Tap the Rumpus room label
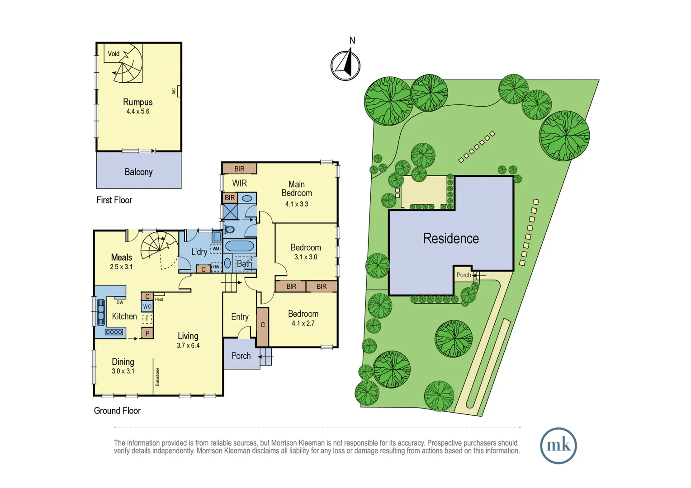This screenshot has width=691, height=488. [137, 102]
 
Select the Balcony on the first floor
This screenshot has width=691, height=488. [138, 172]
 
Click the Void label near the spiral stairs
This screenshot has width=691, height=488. [114, 54]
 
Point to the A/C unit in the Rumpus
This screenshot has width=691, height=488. [179, 91]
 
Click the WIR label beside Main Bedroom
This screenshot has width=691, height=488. [239, 183]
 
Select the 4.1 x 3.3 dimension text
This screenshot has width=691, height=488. [297, 204]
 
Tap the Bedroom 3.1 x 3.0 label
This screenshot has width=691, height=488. [306, 248]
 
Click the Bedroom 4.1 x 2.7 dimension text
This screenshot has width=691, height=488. [303, 323]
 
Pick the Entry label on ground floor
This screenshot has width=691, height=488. [240, 317]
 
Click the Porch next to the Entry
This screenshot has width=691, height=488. [241, 356]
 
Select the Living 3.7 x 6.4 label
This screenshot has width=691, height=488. [188, 336]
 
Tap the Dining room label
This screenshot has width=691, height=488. [123, 361]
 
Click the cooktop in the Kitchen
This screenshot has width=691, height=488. [114, 332]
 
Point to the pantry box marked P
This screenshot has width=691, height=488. [147, 333]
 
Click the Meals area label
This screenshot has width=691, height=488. [121, 257]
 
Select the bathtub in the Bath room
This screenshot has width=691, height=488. [239, 246]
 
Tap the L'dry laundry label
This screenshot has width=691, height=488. [199, 252]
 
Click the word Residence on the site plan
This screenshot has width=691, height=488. [451, 238]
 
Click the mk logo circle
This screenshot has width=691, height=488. [558, 446]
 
